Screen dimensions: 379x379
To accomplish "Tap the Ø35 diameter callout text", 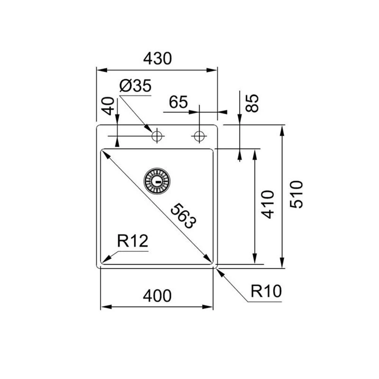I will [135, 86].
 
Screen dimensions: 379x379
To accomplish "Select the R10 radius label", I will [266, 291].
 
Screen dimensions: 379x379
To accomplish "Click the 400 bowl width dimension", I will [157, 296].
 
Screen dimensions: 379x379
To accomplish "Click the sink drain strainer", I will [157, 180].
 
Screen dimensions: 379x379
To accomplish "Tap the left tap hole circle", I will [157, 136].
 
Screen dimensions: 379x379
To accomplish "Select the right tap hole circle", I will [199, 136].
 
